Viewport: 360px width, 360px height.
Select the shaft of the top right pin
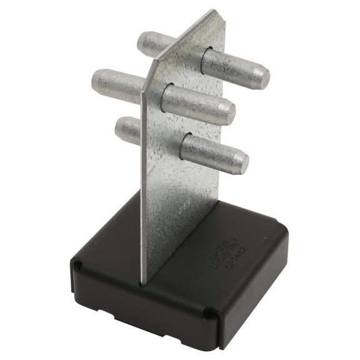[x=231, y=66]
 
